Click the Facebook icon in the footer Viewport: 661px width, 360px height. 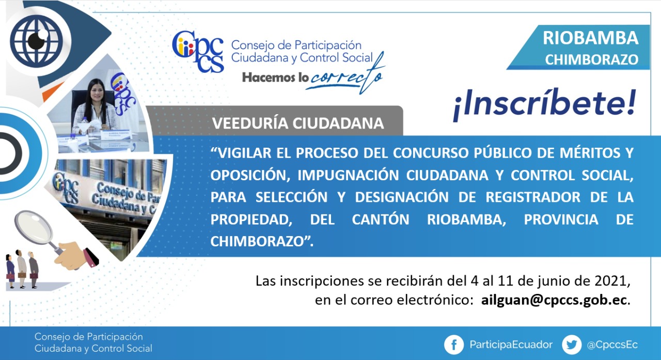click(454, 345)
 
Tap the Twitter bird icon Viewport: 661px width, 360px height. click(572, 345)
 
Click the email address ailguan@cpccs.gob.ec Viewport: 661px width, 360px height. click(554, 300)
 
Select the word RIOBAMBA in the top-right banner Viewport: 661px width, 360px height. click(590, 38)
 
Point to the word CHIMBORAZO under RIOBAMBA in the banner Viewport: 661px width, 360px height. click(592, 59)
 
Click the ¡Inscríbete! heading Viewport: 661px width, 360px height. click(544, 105)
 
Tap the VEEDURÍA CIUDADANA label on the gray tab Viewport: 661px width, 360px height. click(298, 123)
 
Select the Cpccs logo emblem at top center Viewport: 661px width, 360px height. click(198, 52)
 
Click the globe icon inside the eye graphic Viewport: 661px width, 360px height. click(36, 41)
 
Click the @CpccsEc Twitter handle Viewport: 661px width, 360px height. click(612, 345)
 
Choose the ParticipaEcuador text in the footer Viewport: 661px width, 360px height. click(511, 345)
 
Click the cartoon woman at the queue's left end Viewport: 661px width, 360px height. click(10, 271)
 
